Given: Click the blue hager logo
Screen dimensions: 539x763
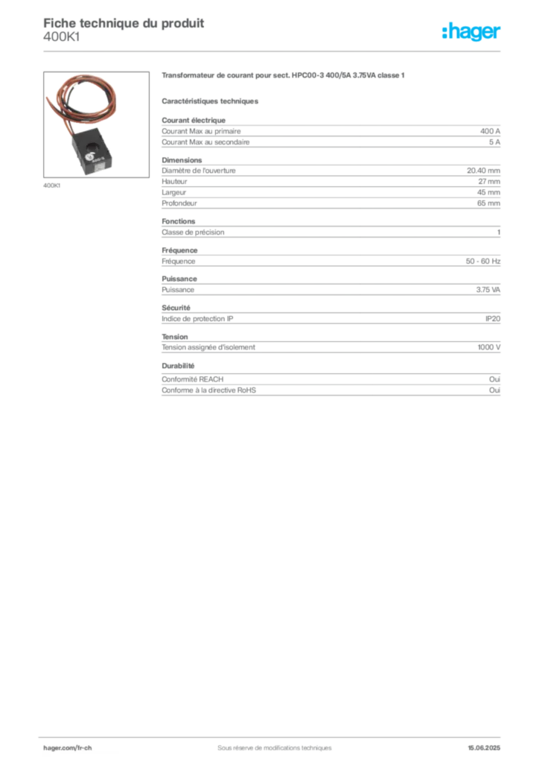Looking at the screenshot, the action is [473, 32].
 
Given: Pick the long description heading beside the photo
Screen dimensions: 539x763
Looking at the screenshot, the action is [283, 76].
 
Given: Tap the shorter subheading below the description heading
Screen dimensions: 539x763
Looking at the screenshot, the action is [211, 99].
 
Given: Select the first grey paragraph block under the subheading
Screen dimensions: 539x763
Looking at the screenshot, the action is [331, 133].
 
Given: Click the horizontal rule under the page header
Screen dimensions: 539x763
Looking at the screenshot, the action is [274, 51].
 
